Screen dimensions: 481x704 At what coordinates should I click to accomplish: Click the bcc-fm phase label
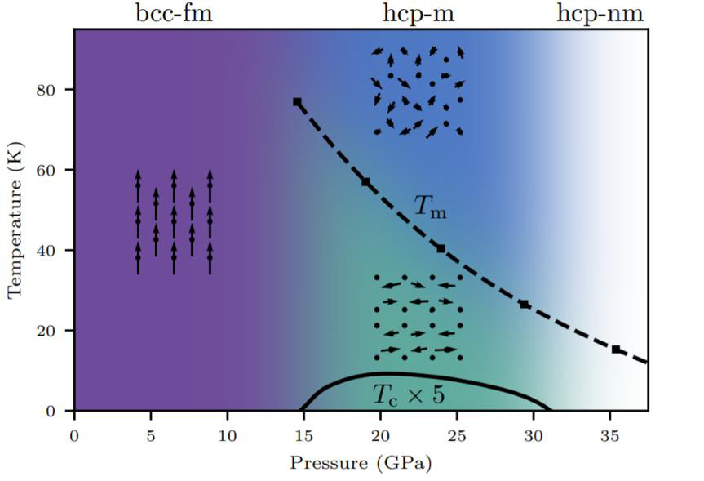pyautogui.click(x=173, y=13)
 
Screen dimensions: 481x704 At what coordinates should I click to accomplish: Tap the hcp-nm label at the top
pyautogui.click(x=600, y=13)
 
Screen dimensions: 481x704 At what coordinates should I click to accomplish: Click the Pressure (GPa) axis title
pyautogui.click(x=360, y=463)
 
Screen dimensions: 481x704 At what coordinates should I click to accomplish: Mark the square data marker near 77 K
pyautogui.click(x=297, y=102)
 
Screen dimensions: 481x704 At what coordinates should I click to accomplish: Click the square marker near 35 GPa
pyautogui.click(x=616, y=350)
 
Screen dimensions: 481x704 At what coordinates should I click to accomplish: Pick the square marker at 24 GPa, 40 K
pyautogui.click(x=441, y=248)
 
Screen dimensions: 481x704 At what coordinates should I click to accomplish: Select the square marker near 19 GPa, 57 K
pyautogui.click(x=365, y=181)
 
